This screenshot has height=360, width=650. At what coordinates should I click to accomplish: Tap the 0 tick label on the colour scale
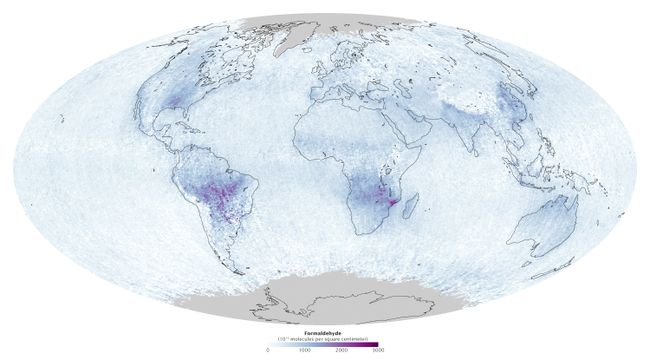268,351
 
